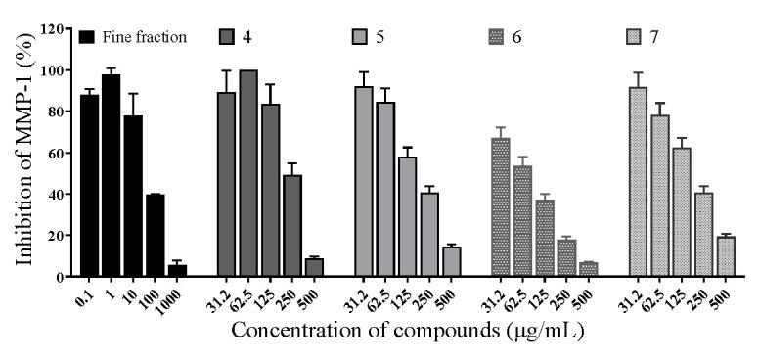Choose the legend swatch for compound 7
pos(637,39)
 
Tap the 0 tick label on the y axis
pos(61,277)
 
